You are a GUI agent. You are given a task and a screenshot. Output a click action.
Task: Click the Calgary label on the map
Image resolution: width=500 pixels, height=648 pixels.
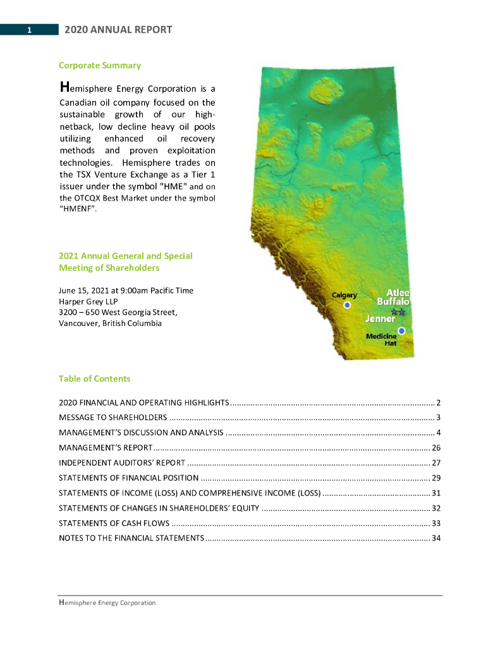coord(345,296)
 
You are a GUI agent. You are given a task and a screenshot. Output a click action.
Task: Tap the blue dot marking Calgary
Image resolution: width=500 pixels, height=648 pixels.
coord(346,305)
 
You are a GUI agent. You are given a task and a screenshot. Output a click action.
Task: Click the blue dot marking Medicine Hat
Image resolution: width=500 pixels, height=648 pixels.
coord(401,330)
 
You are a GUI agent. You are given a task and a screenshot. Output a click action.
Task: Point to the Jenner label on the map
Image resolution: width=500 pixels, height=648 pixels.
coord(380,318)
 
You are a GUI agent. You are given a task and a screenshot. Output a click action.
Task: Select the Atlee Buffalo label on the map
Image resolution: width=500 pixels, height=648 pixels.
coord(393,297)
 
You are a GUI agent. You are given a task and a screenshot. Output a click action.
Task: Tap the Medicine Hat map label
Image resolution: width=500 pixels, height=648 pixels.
coord(381,339)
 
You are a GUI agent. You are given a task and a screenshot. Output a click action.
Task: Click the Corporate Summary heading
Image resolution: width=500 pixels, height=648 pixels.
coord(100,65)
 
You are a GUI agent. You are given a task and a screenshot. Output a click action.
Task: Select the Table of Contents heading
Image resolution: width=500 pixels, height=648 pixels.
coord(95,378)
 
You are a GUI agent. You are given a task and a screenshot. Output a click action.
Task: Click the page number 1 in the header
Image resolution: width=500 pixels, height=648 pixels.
coord(30,30)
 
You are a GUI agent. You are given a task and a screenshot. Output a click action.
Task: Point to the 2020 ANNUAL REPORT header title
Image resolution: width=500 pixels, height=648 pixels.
coord(118,30)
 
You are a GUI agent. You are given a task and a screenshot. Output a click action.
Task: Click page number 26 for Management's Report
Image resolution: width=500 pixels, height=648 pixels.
coord(436,448)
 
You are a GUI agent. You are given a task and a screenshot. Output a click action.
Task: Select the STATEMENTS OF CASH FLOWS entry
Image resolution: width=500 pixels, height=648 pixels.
coord(114,523)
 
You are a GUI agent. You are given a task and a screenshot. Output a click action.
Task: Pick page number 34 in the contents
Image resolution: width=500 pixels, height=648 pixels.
coord(436,539)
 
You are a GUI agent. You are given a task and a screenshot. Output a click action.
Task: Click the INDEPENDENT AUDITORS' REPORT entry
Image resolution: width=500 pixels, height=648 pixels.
coord(122,463)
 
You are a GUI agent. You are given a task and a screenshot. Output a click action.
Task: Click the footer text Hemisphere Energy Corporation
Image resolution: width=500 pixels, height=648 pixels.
coord(107,603)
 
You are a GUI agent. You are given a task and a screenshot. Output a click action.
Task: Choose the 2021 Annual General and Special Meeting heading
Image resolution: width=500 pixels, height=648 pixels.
coord(126,261)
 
